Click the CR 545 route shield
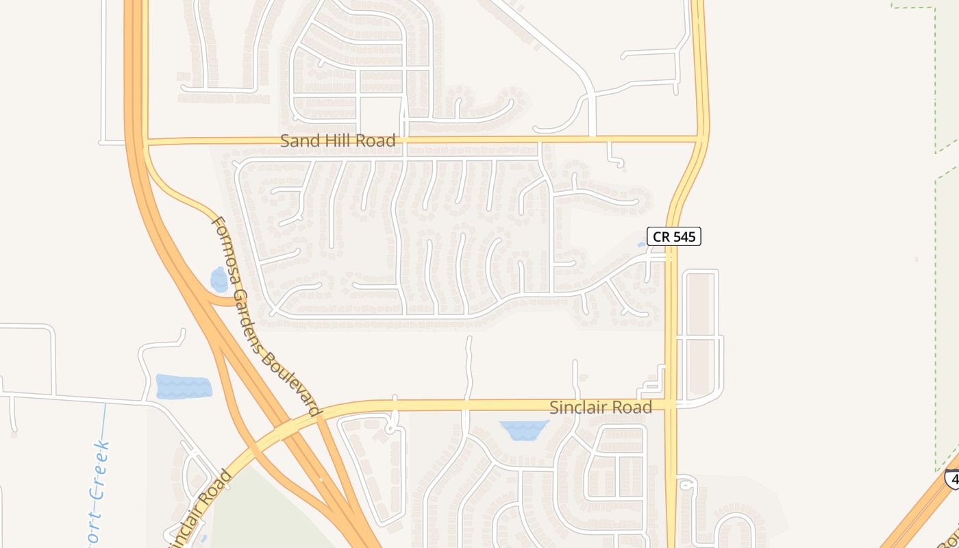pos(675,236)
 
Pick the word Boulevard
pos(292,384)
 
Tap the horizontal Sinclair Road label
pos(601,408)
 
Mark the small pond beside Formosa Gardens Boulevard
pos(219,279)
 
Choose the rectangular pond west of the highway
pos(184,387)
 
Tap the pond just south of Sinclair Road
pos(524,430)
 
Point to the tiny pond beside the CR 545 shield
pos(642,244)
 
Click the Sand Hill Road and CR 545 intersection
pos(700,139)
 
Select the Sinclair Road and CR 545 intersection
pos(671,405)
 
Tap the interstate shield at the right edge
pos(952,478)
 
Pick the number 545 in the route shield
pos(683,236)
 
